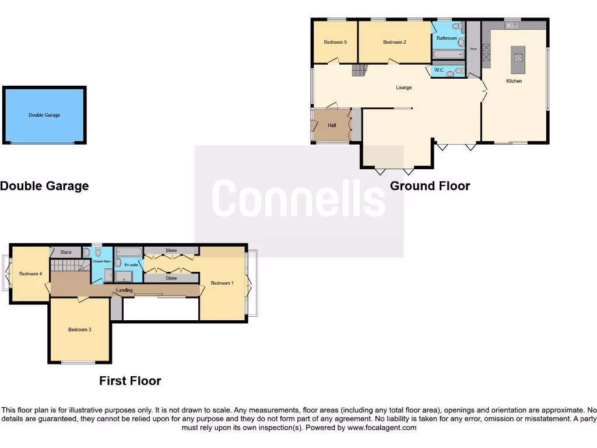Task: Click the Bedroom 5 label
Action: pyautogui.click(x=335, y=42)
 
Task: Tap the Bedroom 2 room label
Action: pyautogui.click(x=395, y=42)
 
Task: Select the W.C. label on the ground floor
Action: pyautogui.click(x=440, y=71)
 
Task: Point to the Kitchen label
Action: pyautogui.click(x=514, y=81)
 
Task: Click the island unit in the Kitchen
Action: pyautogui.click(x=517, y=56)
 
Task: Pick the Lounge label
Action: pyautogui.click(x=403, y=87)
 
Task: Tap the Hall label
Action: pyautogui.click(x=332, y=125)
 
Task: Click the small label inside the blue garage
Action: pyautogui.click(x=44, y=115)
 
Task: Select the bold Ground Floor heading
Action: pyautogui.click(x=430, y=186)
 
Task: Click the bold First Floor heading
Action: pyautogui.click(x=130, y=381)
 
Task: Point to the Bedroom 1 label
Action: pyautogui.click(x=222, y=283)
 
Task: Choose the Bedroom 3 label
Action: pyautogui.click(x=80, y=330)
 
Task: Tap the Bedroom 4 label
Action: pyautogui.click(x=30, y=274)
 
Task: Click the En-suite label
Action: pyautogui.click(x=131, y=265)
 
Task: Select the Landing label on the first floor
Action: pyautogui.click(x=124, y=290)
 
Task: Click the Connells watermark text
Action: pyautogui.click(x=298, y=198)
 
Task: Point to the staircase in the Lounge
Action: pyautogui.click(x=357, y=71)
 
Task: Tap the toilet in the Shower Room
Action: pyautogui.click(x=97, y=252)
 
